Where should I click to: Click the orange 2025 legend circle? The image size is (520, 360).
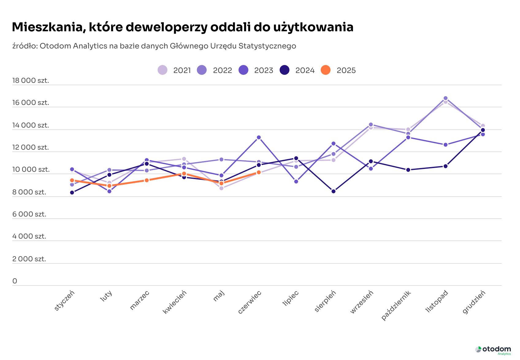[326, 70]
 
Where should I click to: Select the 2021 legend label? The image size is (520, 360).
[182, 71]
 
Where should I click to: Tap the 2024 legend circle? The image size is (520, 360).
[285, 70]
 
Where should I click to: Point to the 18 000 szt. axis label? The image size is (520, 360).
[31, 81]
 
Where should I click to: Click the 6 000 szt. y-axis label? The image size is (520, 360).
[29, 214]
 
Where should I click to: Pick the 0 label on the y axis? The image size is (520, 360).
[15, 281]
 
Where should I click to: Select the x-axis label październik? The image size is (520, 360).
[396, 305]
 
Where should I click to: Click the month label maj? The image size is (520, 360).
[219, 296]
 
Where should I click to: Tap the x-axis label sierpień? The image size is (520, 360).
[325, 301]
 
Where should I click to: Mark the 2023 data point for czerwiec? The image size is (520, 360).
[259, 137]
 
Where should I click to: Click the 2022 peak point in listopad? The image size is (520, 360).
[445, 98]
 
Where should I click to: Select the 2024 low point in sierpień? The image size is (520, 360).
[334, 191]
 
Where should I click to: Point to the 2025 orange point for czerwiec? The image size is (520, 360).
[259, 172]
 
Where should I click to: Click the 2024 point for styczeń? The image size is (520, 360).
[72, 193]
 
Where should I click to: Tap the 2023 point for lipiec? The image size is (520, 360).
[296, 182]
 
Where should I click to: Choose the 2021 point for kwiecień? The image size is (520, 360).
[184, 159]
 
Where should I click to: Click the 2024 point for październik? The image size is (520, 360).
[408, 170]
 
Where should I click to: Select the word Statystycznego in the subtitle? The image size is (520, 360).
[267, 46]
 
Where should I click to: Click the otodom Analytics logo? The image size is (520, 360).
[493, 350]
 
